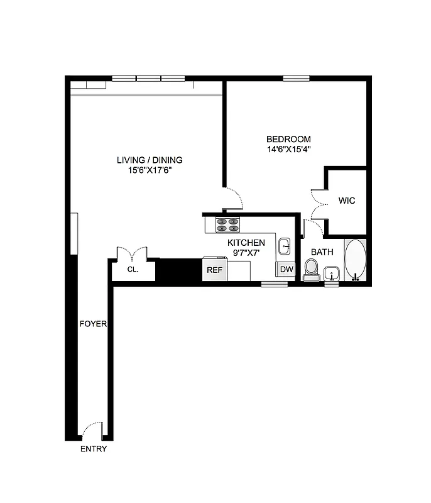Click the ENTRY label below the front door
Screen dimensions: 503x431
coord(93,449)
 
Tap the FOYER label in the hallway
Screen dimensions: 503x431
coord(93,324)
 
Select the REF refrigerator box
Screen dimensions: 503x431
coord(214,270)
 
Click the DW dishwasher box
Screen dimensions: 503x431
coord(286,270)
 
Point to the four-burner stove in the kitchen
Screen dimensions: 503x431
coord(229,225)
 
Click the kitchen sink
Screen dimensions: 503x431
coord(285,245)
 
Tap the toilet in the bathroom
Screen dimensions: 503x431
coord(310,269)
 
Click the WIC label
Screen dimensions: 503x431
coord(347,201)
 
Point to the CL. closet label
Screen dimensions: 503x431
coord(133,269)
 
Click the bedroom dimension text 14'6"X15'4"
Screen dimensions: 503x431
coord(288,150)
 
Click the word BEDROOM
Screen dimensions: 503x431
coord(288,139)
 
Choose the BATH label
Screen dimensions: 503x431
coord(322,252)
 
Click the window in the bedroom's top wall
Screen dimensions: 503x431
coord(296,78)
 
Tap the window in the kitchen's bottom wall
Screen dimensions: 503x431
coord(275,284)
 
